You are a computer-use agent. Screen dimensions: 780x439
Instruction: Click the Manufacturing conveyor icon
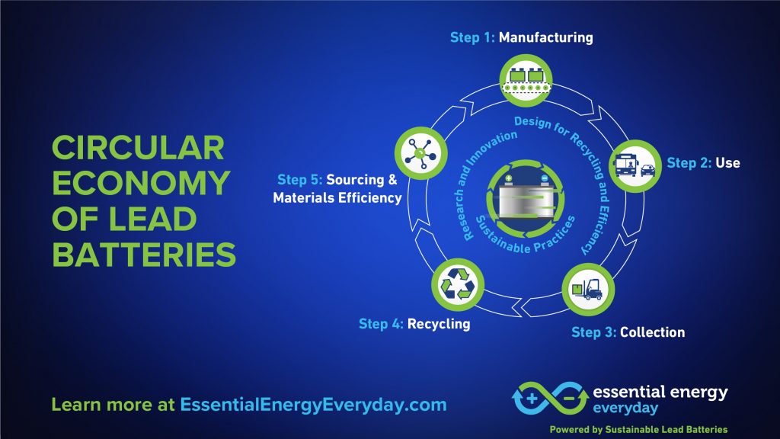click(x=526, y=81)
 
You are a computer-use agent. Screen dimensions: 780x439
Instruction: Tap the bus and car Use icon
click(x=635, y=166)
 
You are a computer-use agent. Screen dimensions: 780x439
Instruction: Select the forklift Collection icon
click(x=588, y=290)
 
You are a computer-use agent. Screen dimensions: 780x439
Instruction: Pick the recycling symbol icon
click(x=458, y=285)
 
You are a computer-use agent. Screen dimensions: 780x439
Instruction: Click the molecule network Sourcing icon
click(x=420, y=153)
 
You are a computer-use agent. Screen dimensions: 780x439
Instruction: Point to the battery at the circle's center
click(x=526, y=199)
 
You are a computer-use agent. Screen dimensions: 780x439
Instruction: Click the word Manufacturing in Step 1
click(x=545, y=37)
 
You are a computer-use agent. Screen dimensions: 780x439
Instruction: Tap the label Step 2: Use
click(x=703, y=163)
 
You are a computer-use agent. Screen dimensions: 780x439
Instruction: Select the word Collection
click(x=652, y=332)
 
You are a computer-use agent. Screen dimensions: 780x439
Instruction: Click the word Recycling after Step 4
click(x=439, y=324)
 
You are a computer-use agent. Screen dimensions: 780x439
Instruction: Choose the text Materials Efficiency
click(x=337, y=197)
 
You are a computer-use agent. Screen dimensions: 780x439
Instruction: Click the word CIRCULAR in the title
click(x=139, y=148)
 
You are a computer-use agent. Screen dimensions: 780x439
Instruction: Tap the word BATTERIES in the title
click(x=144, y=255)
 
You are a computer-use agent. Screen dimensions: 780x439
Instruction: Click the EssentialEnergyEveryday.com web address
click(x=313, y=405)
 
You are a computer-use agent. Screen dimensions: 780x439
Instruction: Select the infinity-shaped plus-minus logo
click(x=551, y=398)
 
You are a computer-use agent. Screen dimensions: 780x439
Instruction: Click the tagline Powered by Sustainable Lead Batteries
click(x=639, y=430)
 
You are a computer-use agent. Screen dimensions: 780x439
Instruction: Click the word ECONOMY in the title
click(x=141, y=184)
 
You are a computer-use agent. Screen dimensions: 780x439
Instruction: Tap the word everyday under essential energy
click(x=625, y=409)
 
